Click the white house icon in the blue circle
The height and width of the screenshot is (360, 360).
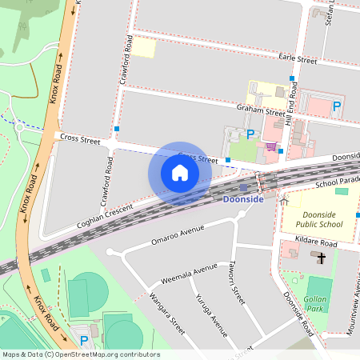tap(179, 173)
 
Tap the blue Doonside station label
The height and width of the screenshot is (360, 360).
tap(242, 198)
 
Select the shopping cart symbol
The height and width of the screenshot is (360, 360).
tap(271, 146)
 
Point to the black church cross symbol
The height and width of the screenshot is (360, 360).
tap(321, 258)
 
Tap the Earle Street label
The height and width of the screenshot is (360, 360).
tap(298, 58)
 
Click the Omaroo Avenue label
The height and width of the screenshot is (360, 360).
tap(178, 234)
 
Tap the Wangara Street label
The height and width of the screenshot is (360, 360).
tap(166, 313)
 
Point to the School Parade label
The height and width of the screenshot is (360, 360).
tap(338, 183)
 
